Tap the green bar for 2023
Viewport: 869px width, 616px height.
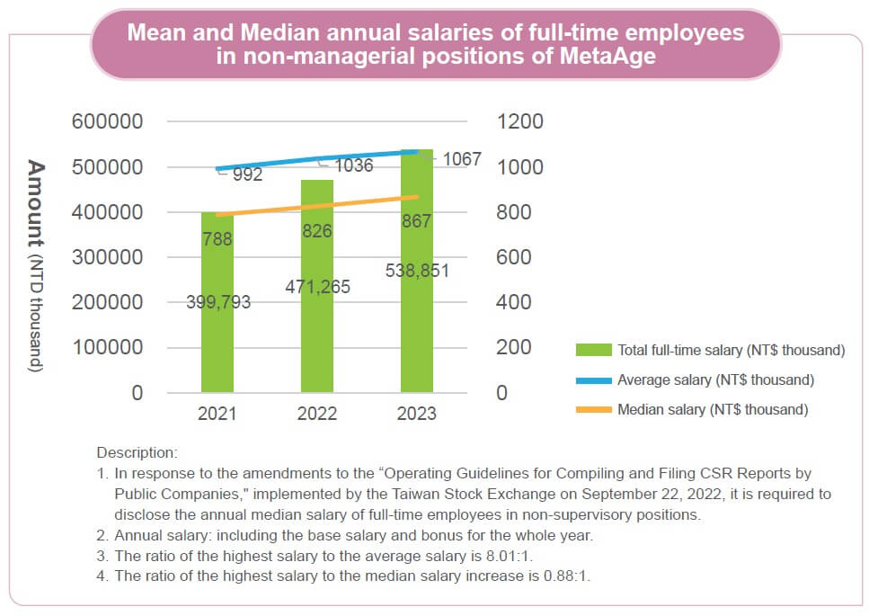pyautogui.click(x=417, y=342)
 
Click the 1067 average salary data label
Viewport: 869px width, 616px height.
pyautogui.click(x=463, y=160)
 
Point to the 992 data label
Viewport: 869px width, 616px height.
pyautogui.click(x=247, y=175)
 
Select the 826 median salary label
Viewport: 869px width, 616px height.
pyautogui.click(x=316, y=231)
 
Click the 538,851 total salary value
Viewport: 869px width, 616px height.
pyautogui.click(x=416, y=271)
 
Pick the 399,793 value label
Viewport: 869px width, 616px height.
pyautogui.click(x=218, y=303)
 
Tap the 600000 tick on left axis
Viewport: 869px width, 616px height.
pyautogui.click(x=107, y=121)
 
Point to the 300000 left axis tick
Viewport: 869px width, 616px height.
pyautogui.click(x=107, y=257)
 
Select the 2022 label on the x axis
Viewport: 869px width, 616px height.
pyautogui.click(x=316, y=414)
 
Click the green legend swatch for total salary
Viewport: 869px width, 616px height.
pyautogui.click(x=592, y=350)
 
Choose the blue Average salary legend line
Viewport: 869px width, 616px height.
pyautogui.click(x=592, y=379)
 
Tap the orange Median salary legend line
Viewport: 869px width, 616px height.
pyautogui.click(x=592, y=409)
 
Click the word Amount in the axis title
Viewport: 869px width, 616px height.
pyautogui.click(x=36, y=203)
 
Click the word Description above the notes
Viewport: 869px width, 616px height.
pyautogui.click(x=137, y=452)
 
